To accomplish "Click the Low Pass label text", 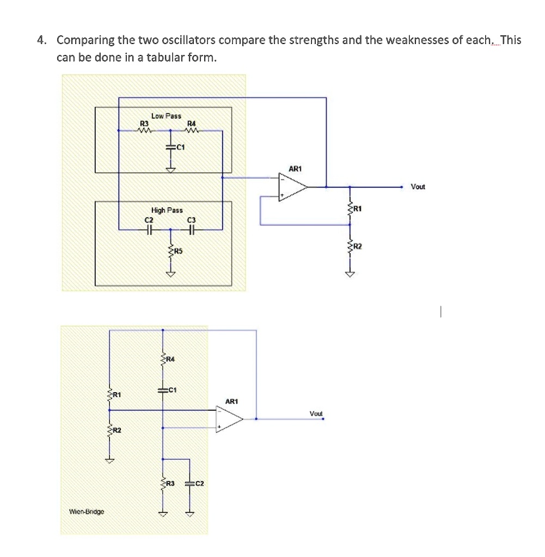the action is (166, 116).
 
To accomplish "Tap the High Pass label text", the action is (167, 211).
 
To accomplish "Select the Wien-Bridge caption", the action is (87, 511).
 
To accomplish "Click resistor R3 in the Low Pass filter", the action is (144, 131).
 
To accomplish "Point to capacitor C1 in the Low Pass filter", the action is (170, 147).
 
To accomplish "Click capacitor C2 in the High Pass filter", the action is (149, 230).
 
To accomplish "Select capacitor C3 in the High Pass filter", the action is (191, 230).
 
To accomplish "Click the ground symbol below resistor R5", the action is (170, 274).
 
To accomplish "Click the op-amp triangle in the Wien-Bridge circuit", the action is (229, 419).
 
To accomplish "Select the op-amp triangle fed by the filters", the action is (293, 187).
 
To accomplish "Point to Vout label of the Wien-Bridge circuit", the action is (316, 413).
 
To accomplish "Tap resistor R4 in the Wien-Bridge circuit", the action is (163, 359).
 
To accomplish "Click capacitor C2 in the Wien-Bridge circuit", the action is (189, 484).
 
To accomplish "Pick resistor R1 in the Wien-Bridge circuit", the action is (109, 395).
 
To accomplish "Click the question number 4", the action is (41, 40).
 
